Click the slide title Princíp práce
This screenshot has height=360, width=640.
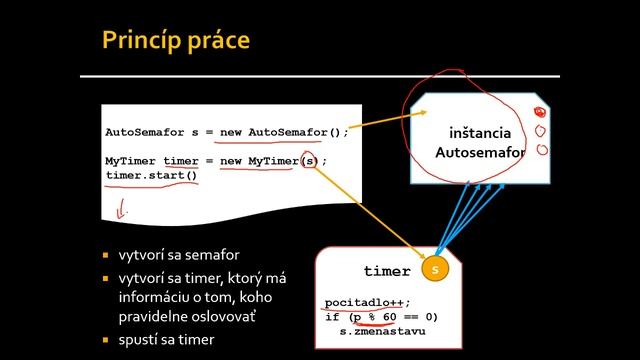(175, 41)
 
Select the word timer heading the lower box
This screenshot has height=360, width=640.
(387, 271)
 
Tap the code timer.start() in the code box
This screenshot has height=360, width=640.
(151, 176)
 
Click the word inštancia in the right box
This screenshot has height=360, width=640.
(480, 133)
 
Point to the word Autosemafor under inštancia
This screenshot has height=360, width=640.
(480, 153)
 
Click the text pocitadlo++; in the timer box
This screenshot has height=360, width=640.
(368, 302)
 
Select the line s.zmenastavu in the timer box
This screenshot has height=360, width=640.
(382, 330)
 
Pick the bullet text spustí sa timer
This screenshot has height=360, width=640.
(166, 340)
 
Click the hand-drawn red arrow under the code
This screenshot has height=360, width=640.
(124, 210)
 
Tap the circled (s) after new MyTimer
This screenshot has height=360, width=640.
(311, 161)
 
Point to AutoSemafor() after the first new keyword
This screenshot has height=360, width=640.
(298, 132)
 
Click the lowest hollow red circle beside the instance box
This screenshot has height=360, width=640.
(542, 151)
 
